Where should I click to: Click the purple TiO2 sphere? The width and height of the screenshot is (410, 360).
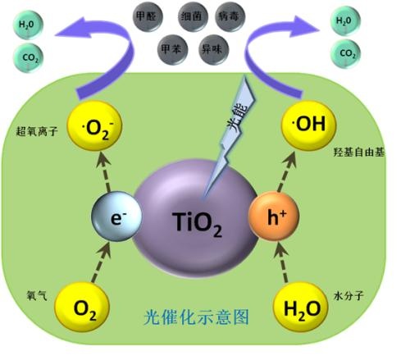(195, 219)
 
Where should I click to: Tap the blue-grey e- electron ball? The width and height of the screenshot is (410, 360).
(117, 216)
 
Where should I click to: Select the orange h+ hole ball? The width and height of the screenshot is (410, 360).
(274, 216)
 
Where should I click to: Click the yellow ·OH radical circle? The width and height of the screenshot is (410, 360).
(308, 125)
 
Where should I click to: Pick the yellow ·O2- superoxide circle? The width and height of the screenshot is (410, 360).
(94, 126)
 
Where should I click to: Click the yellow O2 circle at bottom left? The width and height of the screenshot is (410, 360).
(82, 308)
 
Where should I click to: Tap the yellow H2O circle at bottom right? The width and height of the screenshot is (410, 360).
(301, 308)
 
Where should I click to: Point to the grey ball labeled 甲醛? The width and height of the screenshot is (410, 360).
(148, 16)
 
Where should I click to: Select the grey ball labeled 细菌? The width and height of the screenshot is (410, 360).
(193, 16)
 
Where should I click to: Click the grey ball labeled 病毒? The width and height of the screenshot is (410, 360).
(230, 16)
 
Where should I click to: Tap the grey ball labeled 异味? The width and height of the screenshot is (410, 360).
(213, 49)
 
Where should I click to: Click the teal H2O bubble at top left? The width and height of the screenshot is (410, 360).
(28, 25)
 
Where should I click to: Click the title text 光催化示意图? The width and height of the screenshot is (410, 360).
(197, 317)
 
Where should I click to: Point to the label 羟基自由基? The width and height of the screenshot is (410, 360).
(359, 152)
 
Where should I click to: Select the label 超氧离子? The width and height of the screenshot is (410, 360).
(37, 131)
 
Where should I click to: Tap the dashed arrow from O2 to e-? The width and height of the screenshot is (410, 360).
(101, 262)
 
